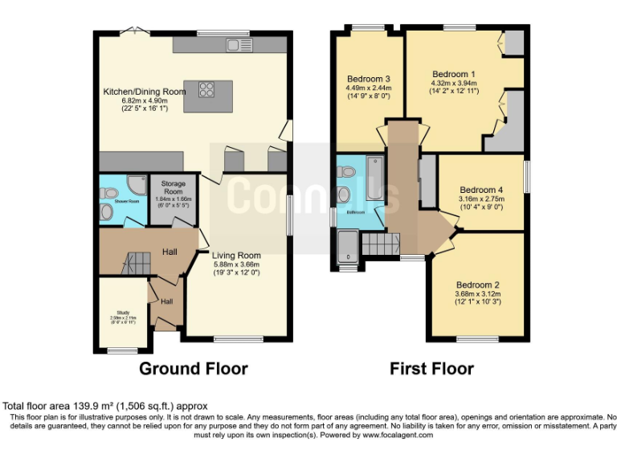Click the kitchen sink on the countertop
click(238, 43)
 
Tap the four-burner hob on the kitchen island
click(205, 89)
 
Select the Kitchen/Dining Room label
click(145, 92)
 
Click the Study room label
click(122, 313)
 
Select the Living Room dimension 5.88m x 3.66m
click(236, 264)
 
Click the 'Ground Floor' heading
click(193, 369)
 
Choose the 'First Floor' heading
click(431, 369)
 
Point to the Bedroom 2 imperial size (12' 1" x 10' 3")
click(478, 302)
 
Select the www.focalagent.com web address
click(396, 435)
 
